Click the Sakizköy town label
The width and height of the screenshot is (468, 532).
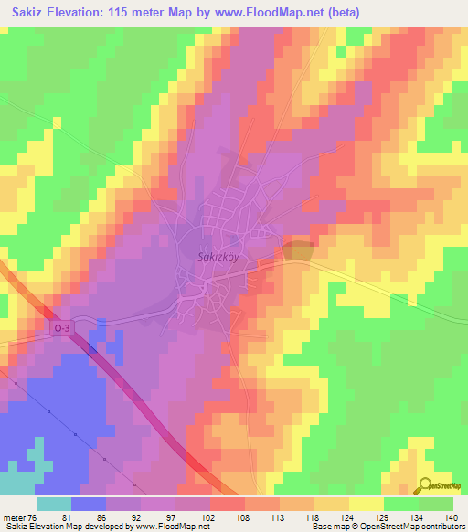point(218,257)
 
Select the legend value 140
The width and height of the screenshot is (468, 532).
point(452,517)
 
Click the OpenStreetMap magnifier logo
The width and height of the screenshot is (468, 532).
point(426,487)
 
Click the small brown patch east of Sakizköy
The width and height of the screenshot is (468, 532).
point(298,250)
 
